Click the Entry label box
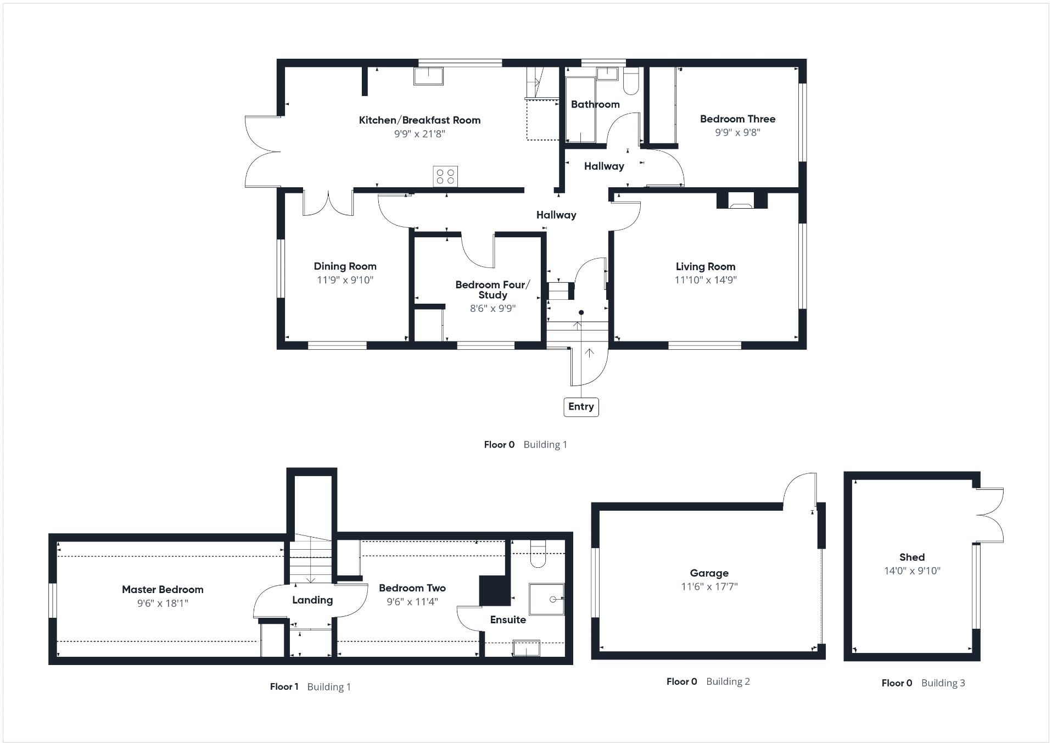coord(580,407)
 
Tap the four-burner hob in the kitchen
coord(445,176)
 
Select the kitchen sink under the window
coord(428,76)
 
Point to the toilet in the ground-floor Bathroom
coord(631,81)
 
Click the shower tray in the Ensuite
coord(546,599)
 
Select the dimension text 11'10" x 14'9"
coord(706,280)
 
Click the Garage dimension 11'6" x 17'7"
coord(709,586)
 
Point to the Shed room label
coord(911,557)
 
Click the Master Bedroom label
coord(163,589)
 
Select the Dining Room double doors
coord(328,204)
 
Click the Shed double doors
coord(990,515)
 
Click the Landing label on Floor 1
coord(312,600)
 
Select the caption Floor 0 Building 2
coord(708,681)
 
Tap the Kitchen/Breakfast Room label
coord(419,120)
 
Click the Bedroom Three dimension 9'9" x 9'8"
coord(737,132)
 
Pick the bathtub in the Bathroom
coord(580,110)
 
